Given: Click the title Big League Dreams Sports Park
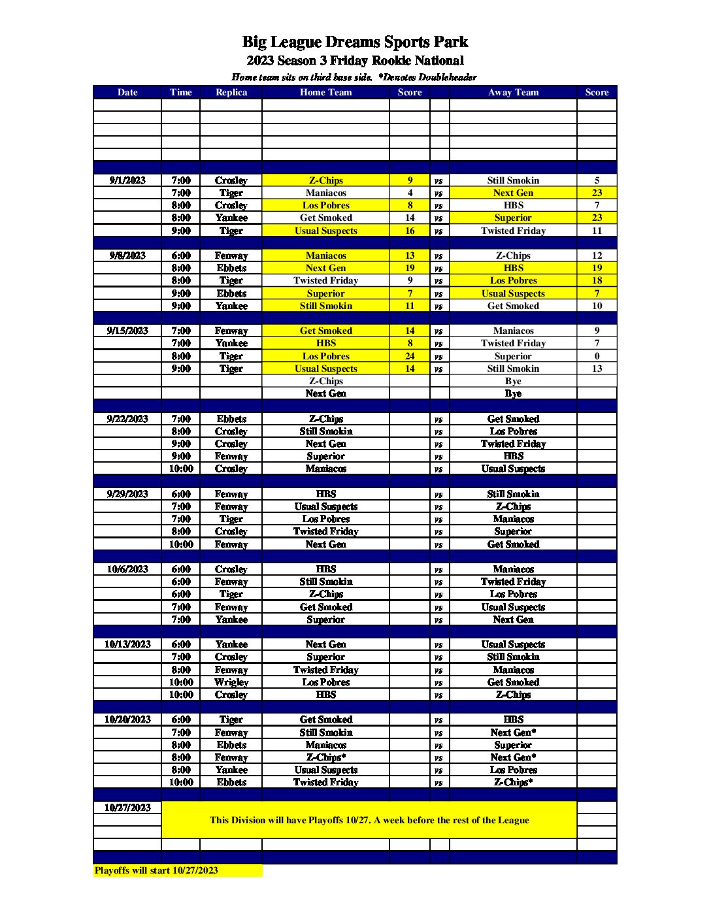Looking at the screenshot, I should click(355, 42).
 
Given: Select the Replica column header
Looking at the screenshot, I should click(231, 92).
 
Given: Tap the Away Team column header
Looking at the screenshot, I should click(513, 92).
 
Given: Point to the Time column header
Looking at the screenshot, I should click(180, 92).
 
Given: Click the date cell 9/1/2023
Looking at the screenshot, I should click(127, 180).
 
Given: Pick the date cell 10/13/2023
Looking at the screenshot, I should click(127, 644).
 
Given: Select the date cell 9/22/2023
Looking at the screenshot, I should click(127, 419).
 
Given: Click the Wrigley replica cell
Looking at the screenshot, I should click(231, 682).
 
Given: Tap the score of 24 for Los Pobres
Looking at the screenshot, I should click(410, 356).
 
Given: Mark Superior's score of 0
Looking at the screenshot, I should click(597, 356).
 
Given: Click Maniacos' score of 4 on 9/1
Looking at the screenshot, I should click(410, 193).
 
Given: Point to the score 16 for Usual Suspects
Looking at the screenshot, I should click(410, 231).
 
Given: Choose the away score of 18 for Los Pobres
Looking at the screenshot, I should click(597, 280).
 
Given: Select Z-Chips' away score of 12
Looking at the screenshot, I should click(597, 255).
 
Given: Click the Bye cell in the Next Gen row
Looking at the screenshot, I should click(513, 393).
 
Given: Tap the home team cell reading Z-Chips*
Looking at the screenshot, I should click(325, 757).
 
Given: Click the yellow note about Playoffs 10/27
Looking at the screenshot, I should click(369, 820).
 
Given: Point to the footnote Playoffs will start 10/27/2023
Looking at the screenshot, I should click(156, 870).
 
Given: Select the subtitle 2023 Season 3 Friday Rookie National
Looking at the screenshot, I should click(355, 61).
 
